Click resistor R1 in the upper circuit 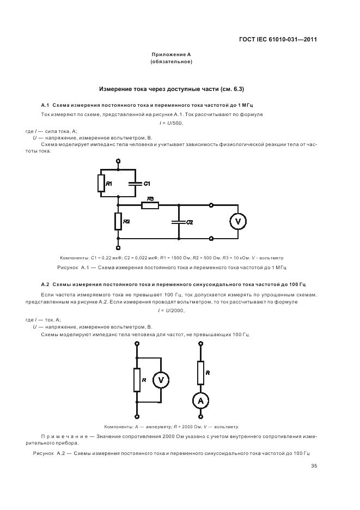(101, 183)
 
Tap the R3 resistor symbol (150, 205)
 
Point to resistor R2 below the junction (118, 221)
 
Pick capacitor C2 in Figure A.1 (178, 222)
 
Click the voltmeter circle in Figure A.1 (237, 221)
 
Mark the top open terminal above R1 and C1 (118, 162)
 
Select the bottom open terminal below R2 (118, 247)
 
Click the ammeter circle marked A (200, 401)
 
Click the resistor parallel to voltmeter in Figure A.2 (137, 380)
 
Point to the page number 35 (314, 466)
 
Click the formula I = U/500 (171, 123)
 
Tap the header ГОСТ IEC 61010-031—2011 (278, 40)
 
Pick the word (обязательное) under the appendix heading (171, 62)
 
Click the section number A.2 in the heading (46, 284)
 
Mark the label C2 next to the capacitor (190, 222)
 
